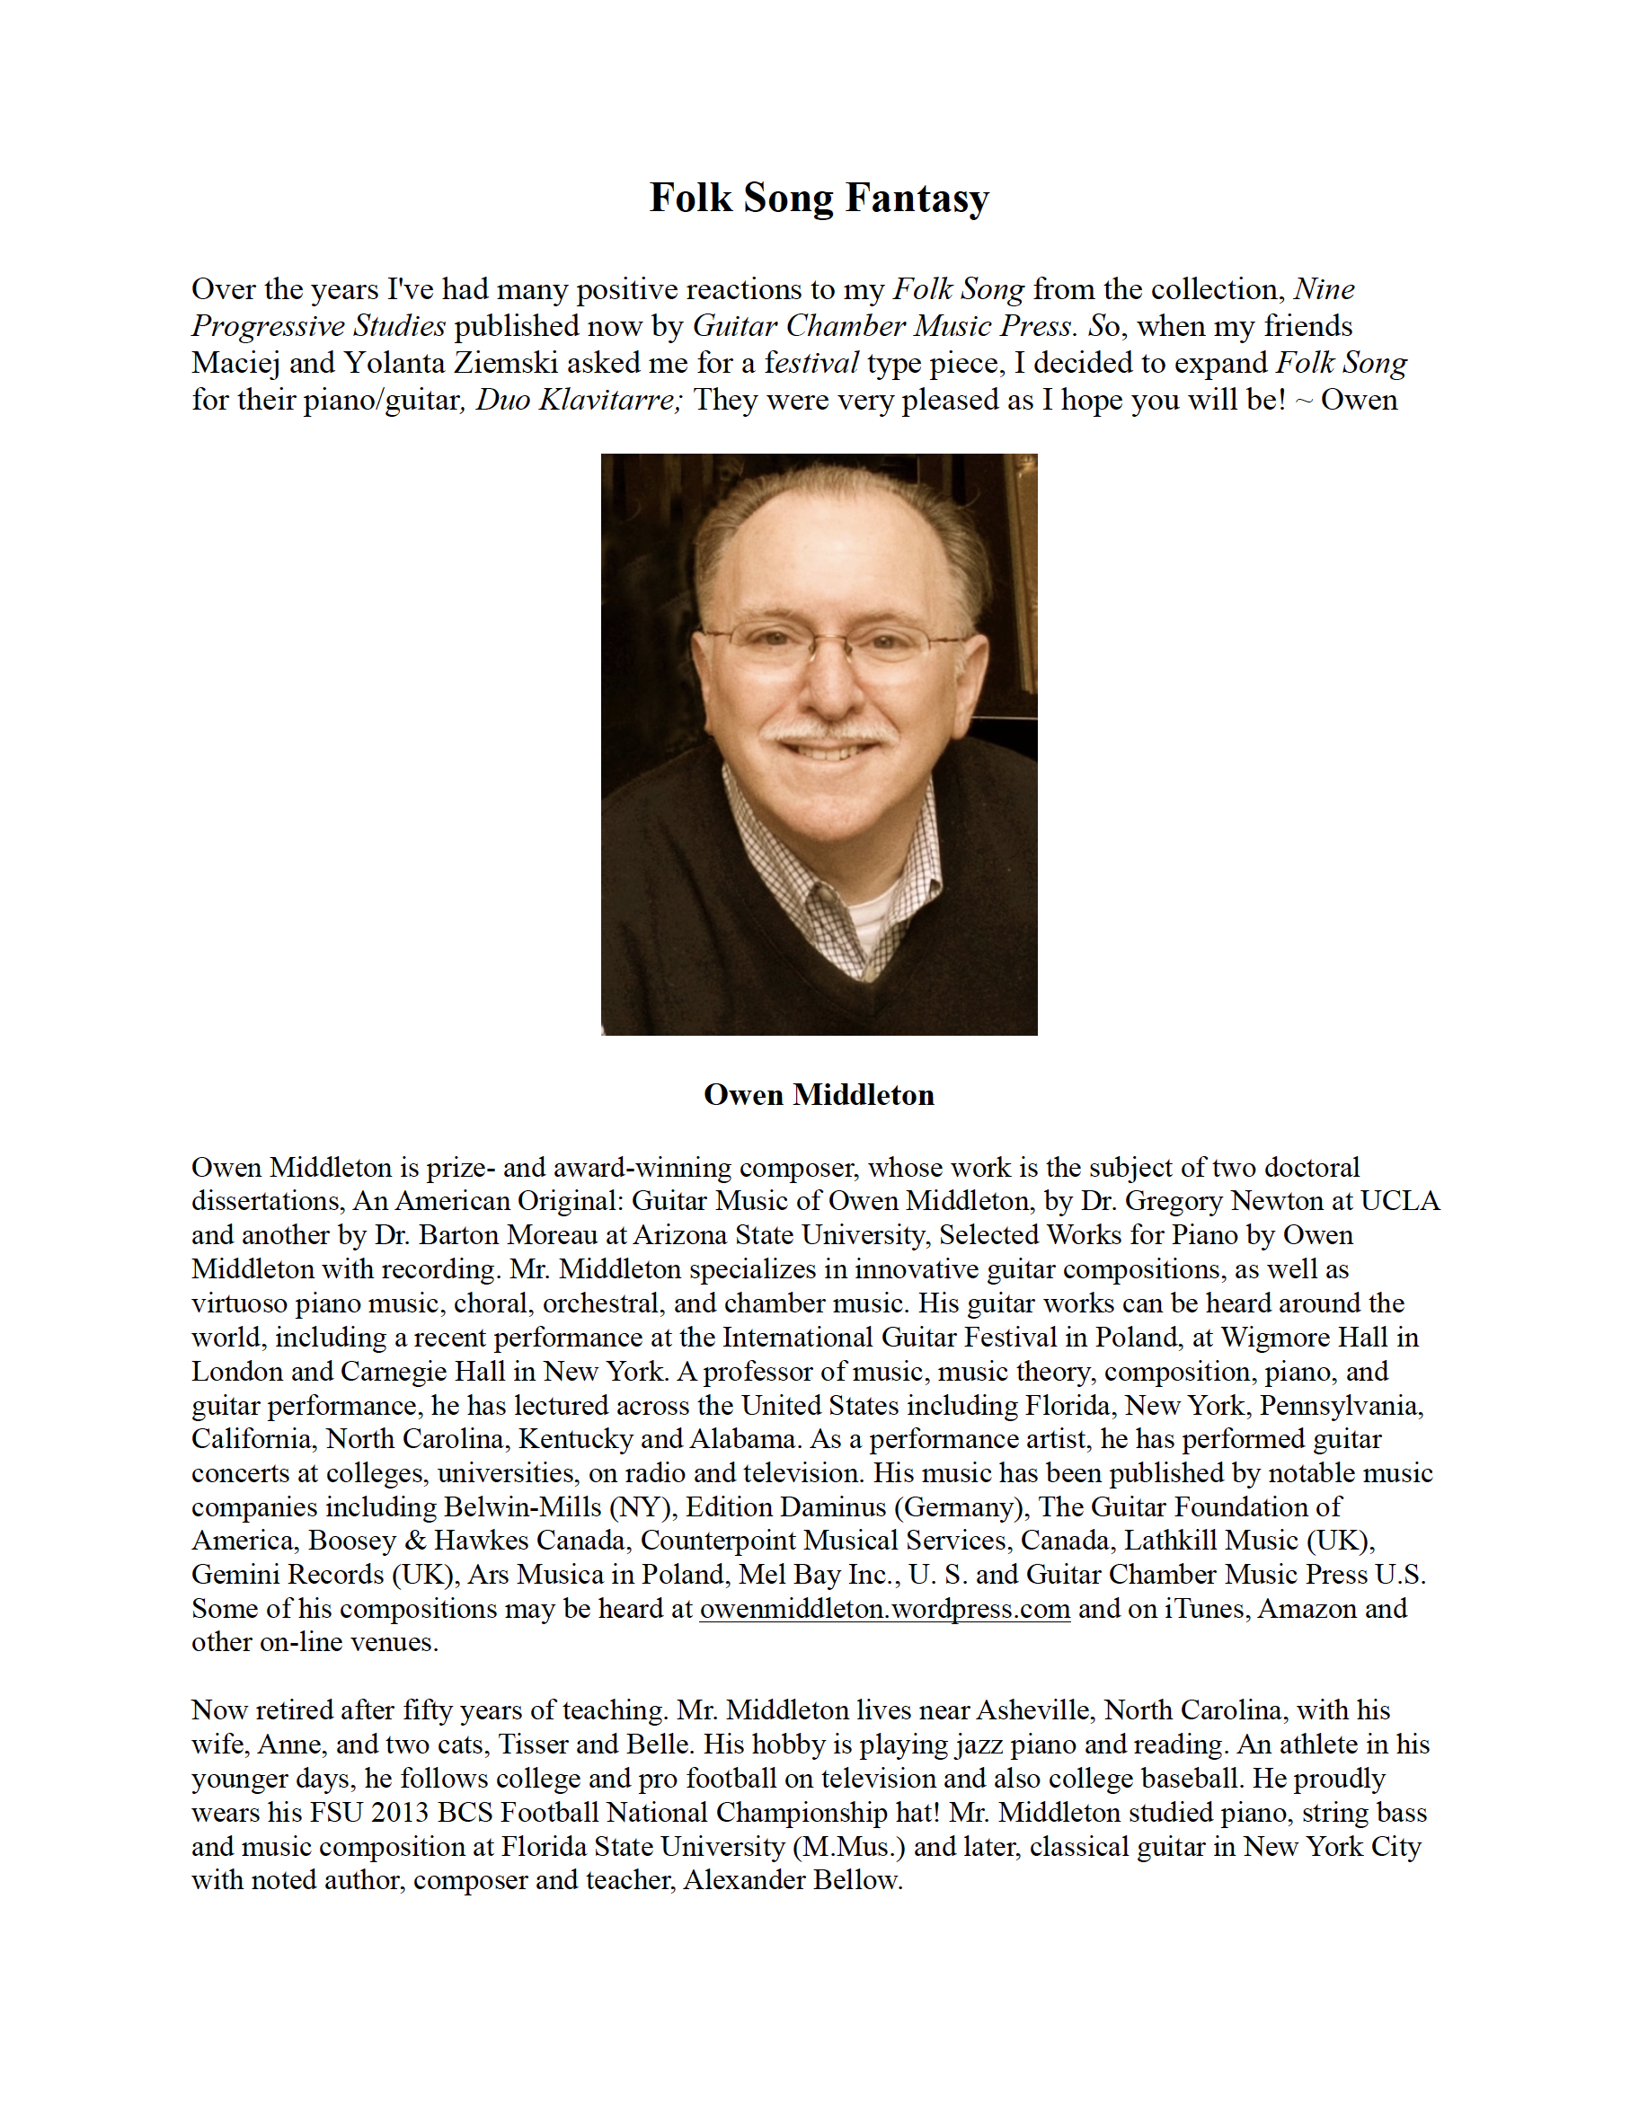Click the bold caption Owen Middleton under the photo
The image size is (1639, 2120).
819,1095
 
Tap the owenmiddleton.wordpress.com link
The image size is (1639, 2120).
884,1610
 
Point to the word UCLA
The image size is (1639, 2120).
1399,1202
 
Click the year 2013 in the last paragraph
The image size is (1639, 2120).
399,1814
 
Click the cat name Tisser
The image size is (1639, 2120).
533,1745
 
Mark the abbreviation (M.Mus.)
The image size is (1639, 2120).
848,1847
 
